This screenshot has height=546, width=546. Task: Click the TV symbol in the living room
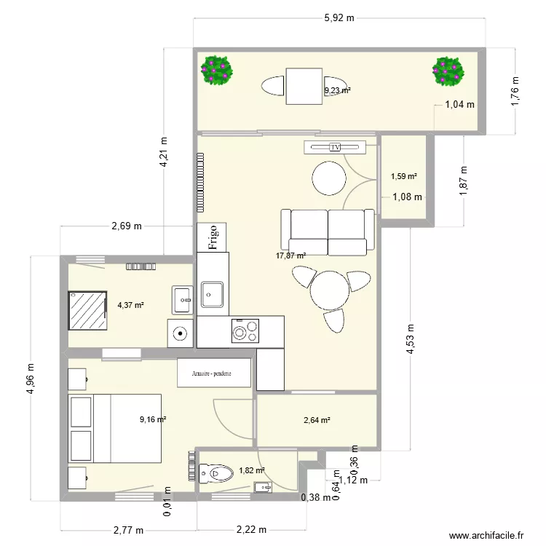(x=335, y=148)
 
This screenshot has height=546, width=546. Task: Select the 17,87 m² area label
(x=290, y=256)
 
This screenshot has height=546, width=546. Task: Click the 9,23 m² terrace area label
(x=337, y=91)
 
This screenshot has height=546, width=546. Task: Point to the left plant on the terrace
(x=217, y=70)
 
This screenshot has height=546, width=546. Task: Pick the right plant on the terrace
(x=447, y=71)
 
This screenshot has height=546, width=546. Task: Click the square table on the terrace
(x=304, y=86)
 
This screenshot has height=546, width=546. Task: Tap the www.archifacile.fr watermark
(x=487, y=535)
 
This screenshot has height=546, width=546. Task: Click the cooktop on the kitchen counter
(x=245, y=331)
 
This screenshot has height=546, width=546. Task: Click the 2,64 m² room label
(x=317, y=420)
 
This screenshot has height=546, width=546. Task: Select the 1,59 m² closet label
(x=403, y=176)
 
